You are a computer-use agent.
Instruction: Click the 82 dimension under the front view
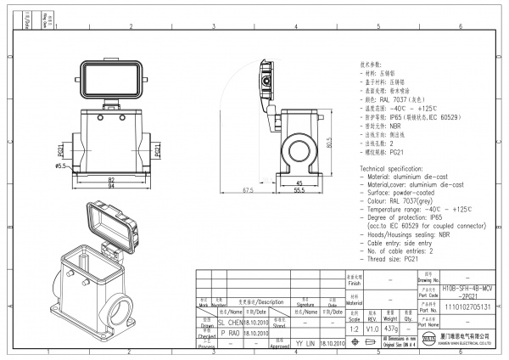coord(111,180)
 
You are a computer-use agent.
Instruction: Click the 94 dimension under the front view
coord(111,187)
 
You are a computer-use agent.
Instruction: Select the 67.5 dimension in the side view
coord(249,190)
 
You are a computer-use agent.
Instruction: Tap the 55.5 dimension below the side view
coord(299,190)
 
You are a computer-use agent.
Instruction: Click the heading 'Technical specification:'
coord(397,170)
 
